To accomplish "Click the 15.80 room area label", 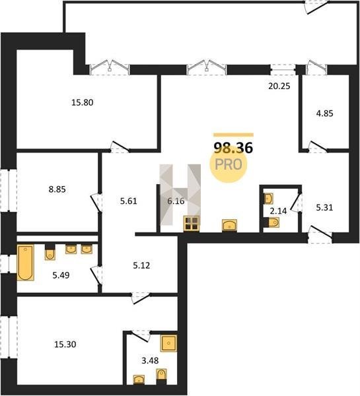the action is pyautogui.click(x=83, y=102).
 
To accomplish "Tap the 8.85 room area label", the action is pyautogui.click(x=57, y=189).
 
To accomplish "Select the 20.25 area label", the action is pyautogui.click(x=279, y=86).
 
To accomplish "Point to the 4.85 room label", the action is pyautogui.click(x=324, y=114).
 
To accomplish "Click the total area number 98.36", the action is pyautogui.click(x=233, y=148).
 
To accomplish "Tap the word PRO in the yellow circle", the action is pyautogui.click(x=229, y=164).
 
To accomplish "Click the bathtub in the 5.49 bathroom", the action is pyautogui.click(x=25, y=263).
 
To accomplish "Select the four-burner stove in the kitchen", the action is pyautogui.click(x=192, y=224).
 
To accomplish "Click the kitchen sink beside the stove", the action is pyautogui.click(x=229, y=225).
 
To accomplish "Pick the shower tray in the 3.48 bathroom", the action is pyautogui.click(x=168, y=343).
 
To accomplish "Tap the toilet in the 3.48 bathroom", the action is pyautogui.click(x=161, y=376).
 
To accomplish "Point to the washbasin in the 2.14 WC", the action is pyautogui.click(x=268, y=199).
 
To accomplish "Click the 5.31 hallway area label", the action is pyautogui.click(x=324, y=208).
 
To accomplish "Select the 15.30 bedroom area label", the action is pyautogui.click(x=65, y=345).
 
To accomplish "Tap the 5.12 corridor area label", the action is pyautogui.click(x=141, y=265).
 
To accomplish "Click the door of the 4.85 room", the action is pyautogui.click(x=318, y=147).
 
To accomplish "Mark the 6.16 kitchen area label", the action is pyautogui.click(x=176, y=201).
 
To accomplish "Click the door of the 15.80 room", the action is pyautogui.click(x=120, y=147).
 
